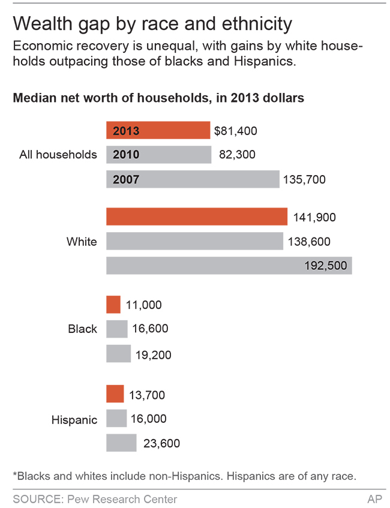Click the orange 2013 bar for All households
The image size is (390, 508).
158,131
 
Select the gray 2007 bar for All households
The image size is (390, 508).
193,179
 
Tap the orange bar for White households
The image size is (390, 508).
197,217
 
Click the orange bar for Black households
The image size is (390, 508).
113,305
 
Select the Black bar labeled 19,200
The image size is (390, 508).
118,354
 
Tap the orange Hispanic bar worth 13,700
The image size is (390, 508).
115,394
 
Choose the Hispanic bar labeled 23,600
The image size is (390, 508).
121,443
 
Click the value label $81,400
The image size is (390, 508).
235,131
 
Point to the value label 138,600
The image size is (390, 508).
310,242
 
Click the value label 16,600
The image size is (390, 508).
150,329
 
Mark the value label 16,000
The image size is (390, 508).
149,419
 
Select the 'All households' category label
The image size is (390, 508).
58,155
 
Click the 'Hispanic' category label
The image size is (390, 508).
74,420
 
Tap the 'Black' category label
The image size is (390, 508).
82,329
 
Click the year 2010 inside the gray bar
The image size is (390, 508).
126,155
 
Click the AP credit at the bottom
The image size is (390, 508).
374,498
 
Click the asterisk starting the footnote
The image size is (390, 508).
14,475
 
